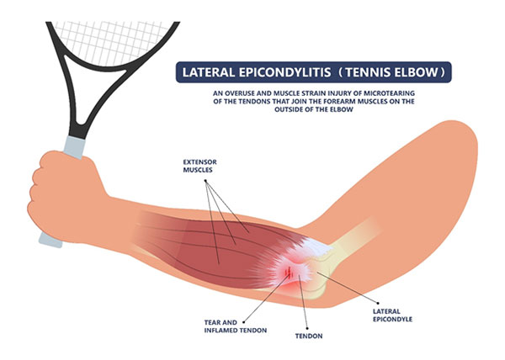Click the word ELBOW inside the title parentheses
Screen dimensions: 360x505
pyautogui.click(x=428, y=71)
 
